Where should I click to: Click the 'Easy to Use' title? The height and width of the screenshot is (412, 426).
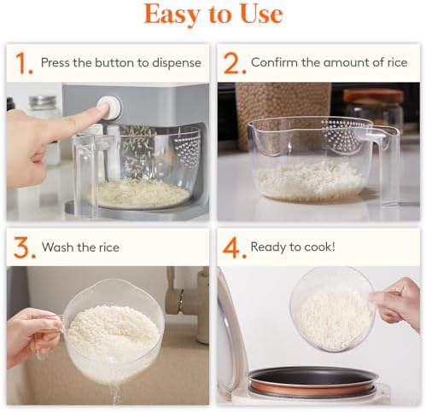coord(213,15)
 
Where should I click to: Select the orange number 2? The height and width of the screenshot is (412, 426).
coord(231,63)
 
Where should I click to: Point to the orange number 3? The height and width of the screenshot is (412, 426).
coord(23,248)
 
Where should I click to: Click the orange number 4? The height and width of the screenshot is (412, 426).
coord(231,248)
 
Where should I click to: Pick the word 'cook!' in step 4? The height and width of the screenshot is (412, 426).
coord(318,247)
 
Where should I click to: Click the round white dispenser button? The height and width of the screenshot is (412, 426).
coord(109,107)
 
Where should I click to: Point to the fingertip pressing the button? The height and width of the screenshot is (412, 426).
coord(95,112)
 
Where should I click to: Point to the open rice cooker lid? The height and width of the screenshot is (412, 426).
coord(231,341)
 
